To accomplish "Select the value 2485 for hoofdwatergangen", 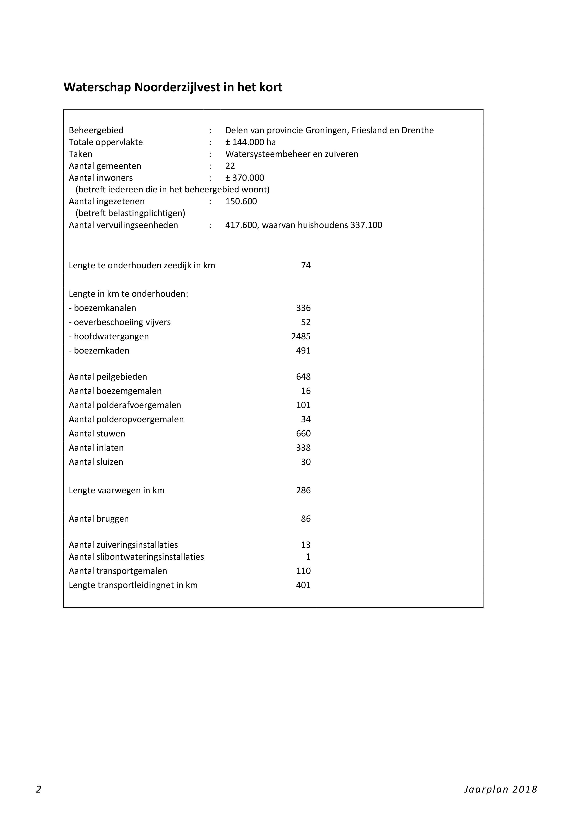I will tap(301, 336).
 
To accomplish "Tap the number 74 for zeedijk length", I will tap(306, 266).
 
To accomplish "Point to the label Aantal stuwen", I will tap(97, 433).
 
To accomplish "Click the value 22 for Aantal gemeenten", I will tap(230, 166).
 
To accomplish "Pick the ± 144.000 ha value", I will tap(250, 142).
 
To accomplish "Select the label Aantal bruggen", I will tap(99, 519).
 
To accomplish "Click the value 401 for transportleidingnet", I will tap(303, 585).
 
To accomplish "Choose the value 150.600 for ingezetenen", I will tap(241, 201).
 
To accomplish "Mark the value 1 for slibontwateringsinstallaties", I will tap(308, 557).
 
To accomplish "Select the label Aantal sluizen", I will tap(96, 462).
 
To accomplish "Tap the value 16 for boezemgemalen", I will tap(306, 391).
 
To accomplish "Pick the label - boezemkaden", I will tap(99, 351).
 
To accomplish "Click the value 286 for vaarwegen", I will tap(303, 490).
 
